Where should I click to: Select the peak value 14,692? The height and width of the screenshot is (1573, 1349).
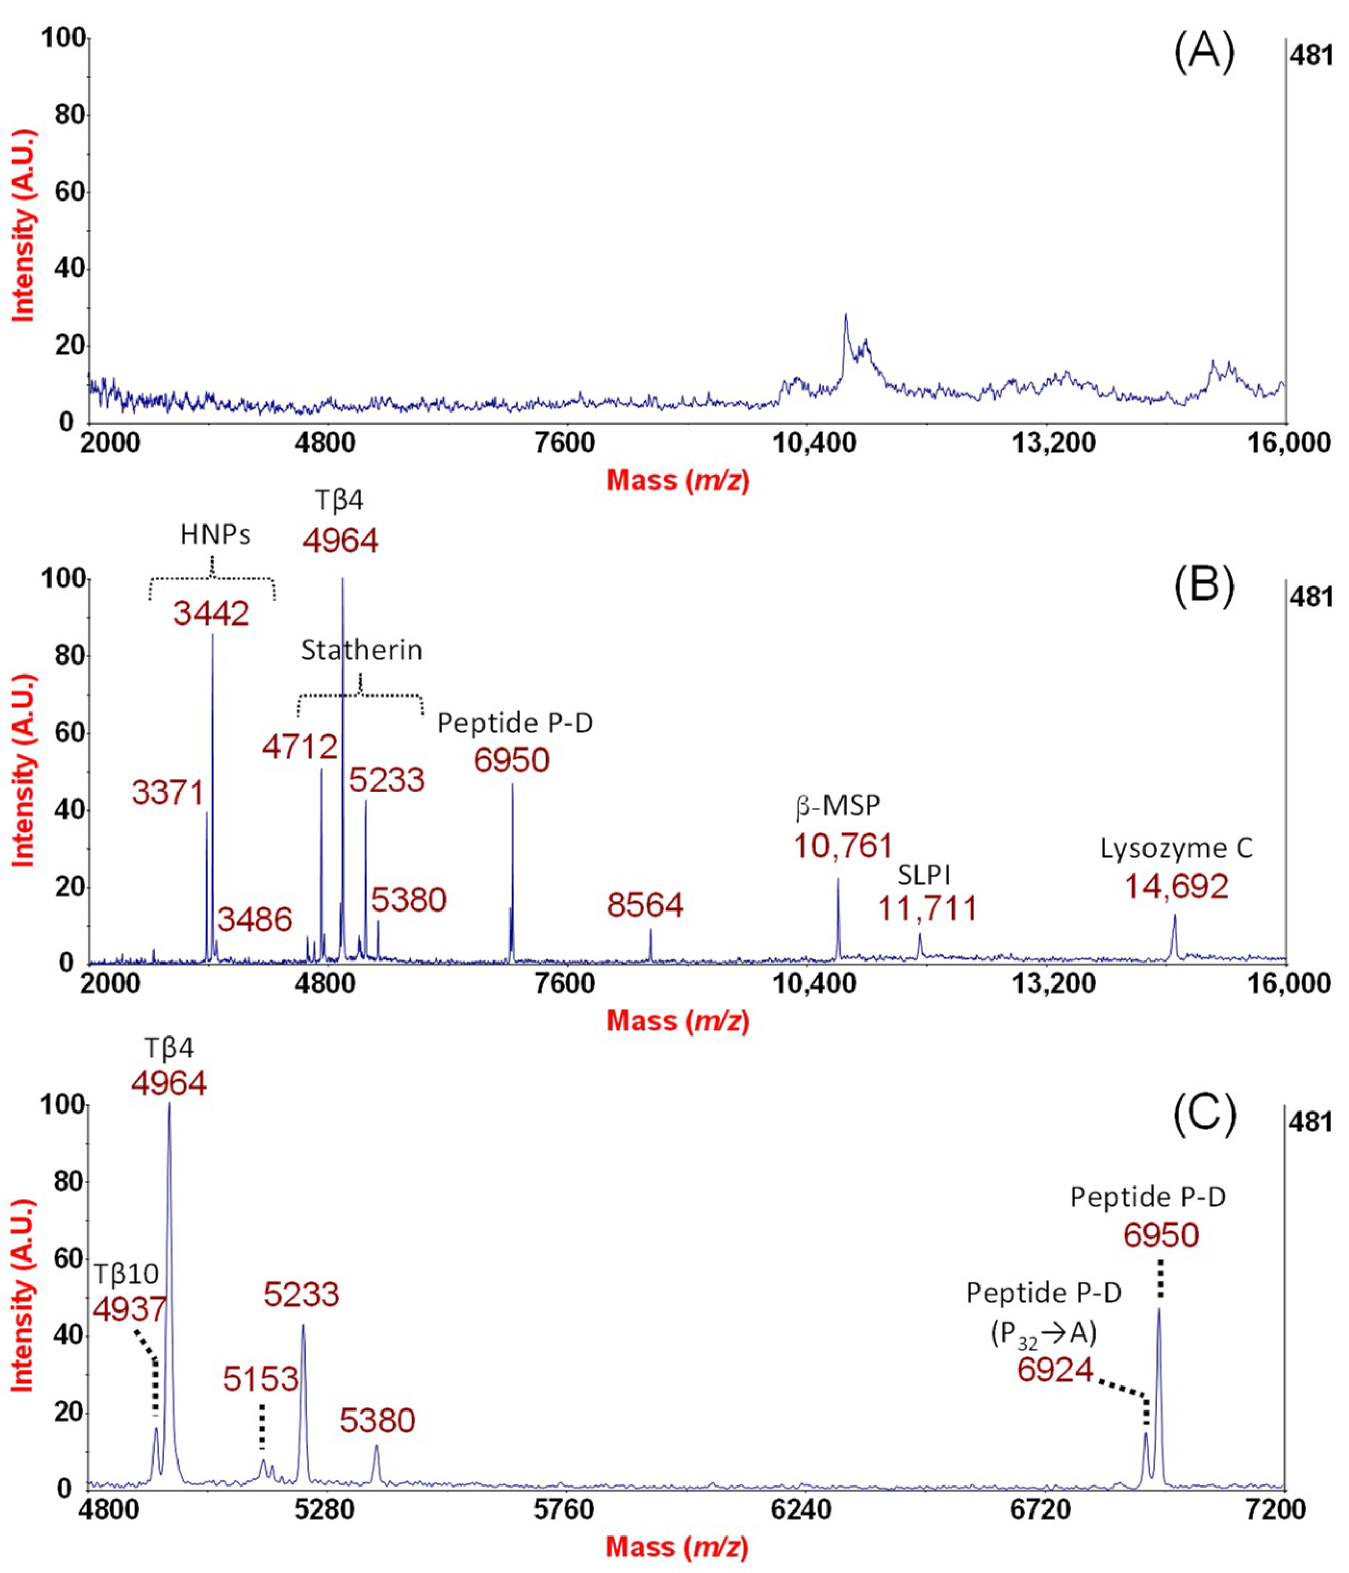click(x=1176, y=886)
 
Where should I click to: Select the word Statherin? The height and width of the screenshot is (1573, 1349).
click(x=361, y=651)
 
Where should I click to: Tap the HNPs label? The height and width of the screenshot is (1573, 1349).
click(x=215, y=535)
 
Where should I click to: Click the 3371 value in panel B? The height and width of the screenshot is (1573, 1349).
click(x=168, y=793)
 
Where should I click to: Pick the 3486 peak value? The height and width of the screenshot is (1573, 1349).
click(x=255, y=920)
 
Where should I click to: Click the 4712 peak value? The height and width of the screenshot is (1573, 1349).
click(x=300, y=748)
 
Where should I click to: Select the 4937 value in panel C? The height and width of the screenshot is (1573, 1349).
click(x=129, y=1309)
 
